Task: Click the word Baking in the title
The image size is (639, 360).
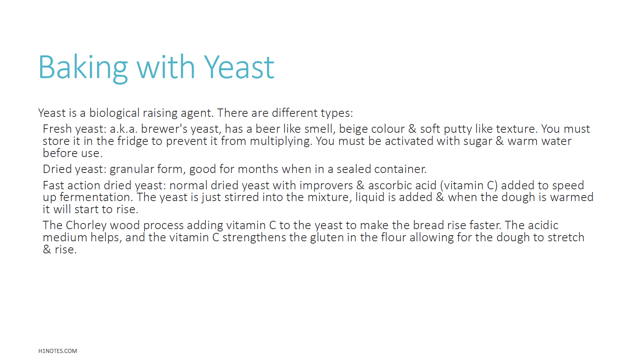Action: point(83,68)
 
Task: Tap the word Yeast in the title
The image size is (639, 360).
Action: point(239,68)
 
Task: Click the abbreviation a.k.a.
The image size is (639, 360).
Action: point(124,129)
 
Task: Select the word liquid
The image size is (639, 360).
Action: point(370,197)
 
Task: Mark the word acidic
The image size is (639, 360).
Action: point(543,225)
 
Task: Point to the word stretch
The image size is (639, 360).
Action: point(566,237)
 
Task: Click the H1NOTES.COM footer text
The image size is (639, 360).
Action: point(58,351)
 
